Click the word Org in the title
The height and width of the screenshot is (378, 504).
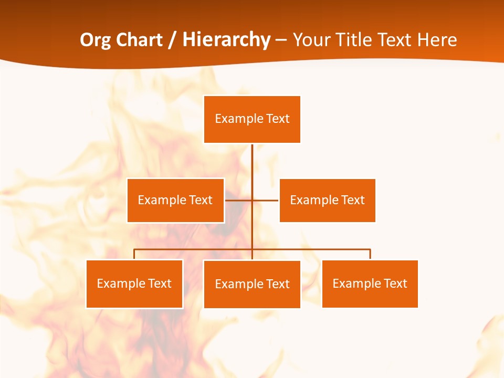click(96, 40)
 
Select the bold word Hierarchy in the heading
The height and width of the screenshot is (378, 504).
click(226, 40)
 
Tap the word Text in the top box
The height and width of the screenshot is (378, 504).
click(278, 119)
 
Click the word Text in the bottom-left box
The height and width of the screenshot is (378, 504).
click(160, 283)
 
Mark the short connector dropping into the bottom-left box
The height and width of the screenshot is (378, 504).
click(134, 254)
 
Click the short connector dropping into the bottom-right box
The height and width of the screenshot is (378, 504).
click(370, 254)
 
